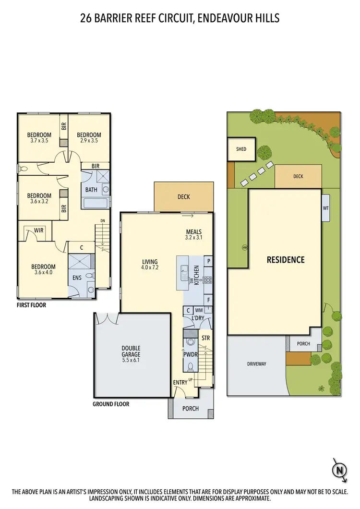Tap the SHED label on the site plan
[x=241, y=149]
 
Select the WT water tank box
[x=326, y=208]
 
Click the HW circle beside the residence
[x=244, y=248]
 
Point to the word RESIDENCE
[x=286, y=260]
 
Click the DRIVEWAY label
[x=256, y=364]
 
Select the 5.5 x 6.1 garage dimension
[x=131, y=360]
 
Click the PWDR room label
[x=191, y=353]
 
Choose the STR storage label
[x=205, y=339]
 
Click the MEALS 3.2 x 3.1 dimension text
[x=193, y=238]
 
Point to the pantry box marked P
[x=208, y=261]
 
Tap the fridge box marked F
[x=208, y=299]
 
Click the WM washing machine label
[x=198, y=311]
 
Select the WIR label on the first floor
[x=39, y=230]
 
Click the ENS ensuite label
[x=77, y=278]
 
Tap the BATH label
[x=91, y=190]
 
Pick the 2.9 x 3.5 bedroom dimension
[x=89, y=141]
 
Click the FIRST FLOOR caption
[x=31, y=304]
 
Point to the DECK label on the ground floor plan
[x=183, y=197]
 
